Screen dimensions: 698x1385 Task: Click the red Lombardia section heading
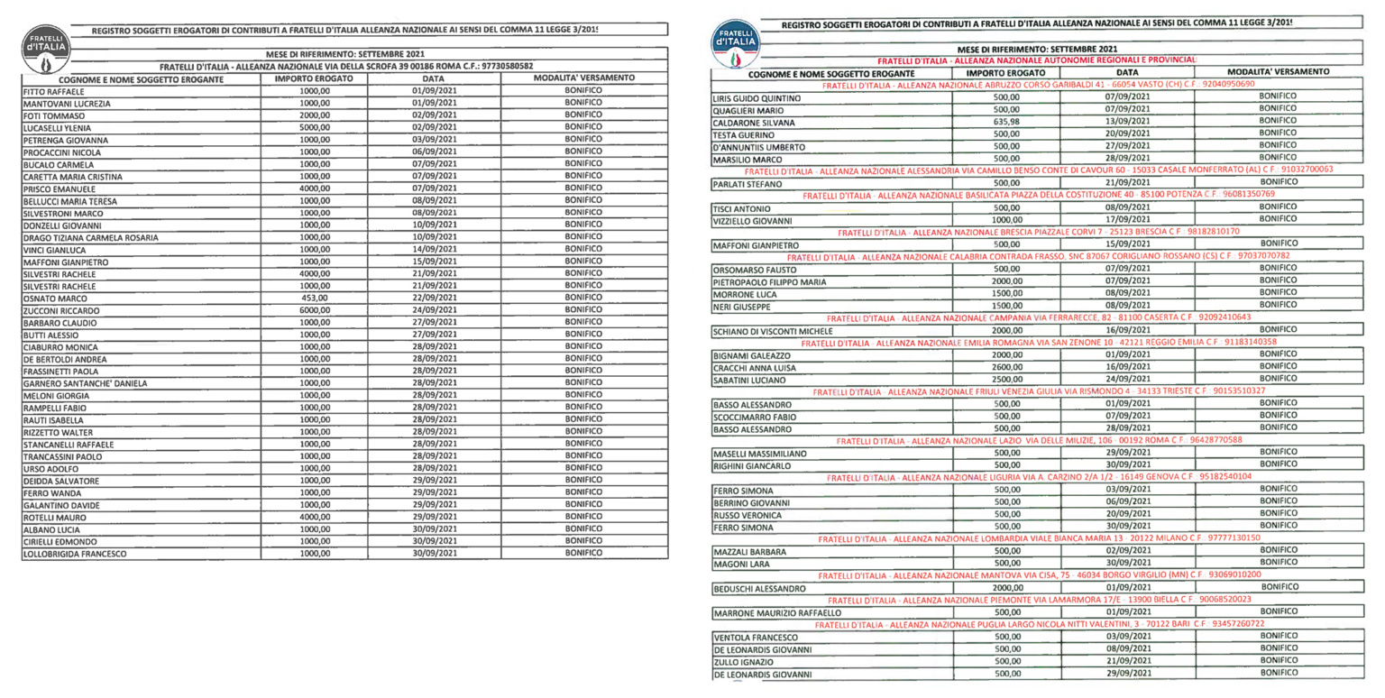(x=1037, y=538)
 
